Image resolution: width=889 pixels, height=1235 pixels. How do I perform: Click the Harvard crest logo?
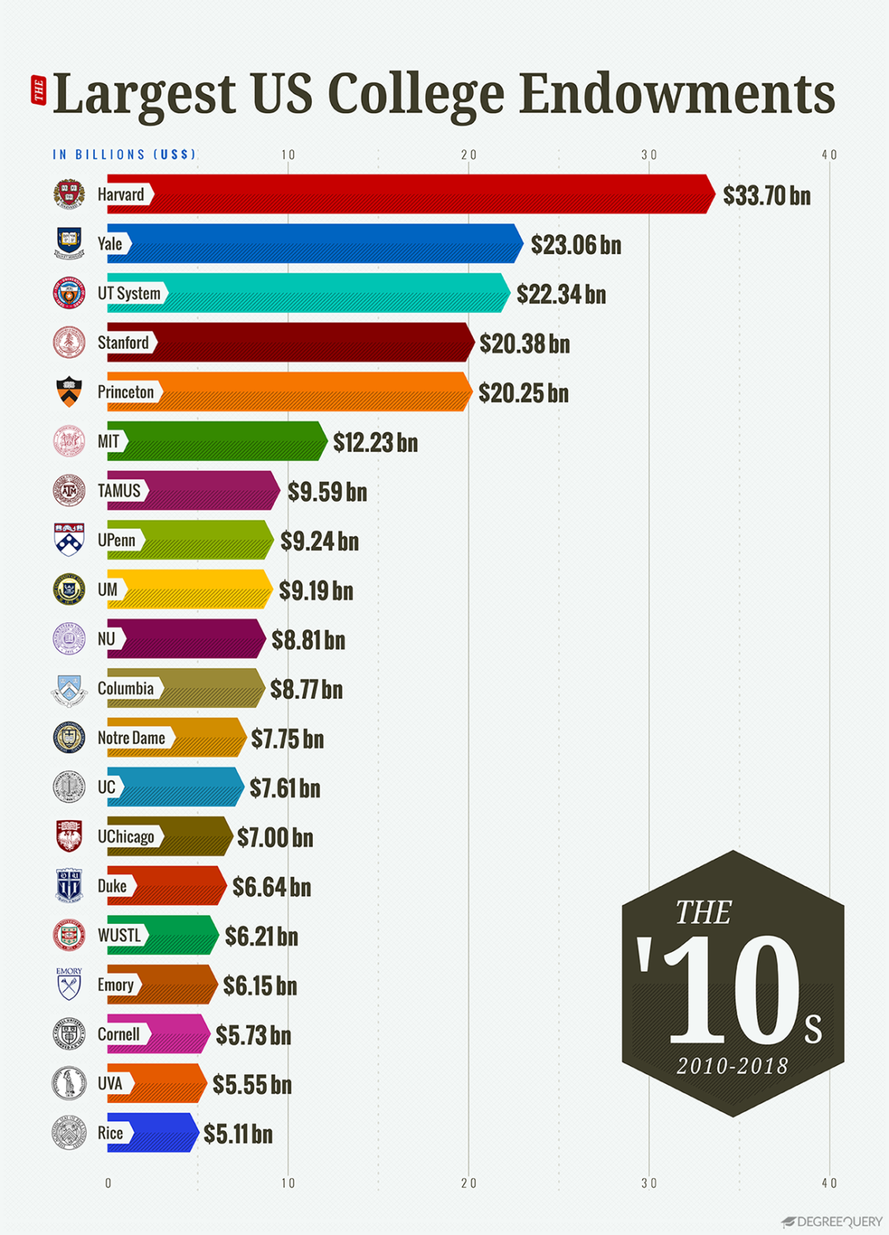69,195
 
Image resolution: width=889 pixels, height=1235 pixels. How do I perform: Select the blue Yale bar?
322,244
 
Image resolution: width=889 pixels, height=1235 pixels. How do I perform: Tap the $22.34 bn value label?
561,294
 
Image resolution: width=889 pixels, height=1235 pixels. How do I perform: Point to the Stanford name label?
123,343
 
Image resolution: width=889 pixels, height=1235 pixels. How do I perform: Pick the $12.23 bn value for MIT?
375,442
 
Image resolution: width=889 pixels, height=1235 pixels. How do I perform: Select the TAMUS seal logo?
69,490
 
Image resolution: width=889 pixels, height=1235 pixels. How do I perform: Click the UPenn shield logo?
69,540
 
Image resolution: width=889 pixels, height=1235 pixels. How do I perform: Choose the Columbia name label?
125,688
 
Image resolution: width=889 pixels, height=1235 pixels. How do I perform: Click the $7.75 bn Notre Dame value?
287,739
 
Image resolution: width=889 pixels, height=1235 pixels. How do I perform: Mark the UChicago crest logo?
69,836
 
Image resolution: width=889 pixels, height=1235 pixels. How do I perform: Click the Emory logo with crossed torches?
69,984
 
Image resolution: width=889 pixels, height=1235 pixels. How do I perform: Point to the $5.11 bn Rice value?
238,1134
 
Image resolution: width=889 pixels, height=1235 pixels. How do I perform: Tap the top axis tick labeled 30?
649,154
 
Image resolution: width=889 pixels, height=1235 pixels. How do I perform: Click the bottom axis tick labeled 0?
109,1183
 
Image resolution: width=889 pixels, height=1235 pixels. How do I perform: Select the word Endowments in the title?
677,94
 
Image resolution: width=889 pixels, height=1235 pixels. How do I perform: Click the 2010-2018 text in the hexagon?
732,1066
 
